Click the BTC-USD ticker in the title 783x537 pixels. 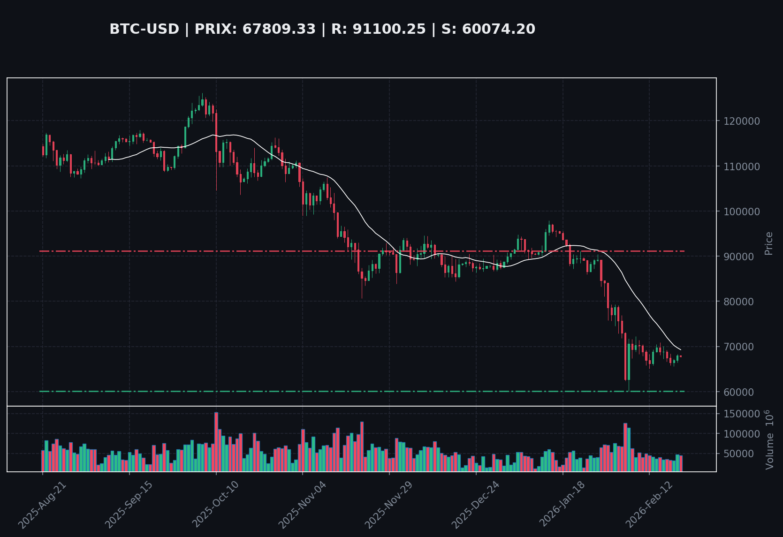pyautogui.click(x=144, y=29)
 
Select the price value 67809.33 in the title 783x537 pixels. pyautogui.click(x=279, y=29)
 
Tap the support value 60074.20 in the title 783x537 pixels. pyautogui.click(x=498, y=29)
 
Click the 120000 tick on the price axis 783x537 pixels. pyautogui.click(x=742, y=121)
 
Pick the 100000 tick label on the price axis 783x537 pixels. pyautogui.click(x=742, y=212)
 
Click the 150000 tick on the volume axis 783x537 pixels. pyautogui.click(x=742, y=414)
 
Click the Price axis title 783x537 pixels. pyautogui.click(x=768, y=243)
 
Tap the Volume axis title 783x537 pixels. pyautogui.click(x=769, y=439)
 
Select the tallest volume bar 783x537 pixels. pyautogui.click(x=216, y=441)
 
